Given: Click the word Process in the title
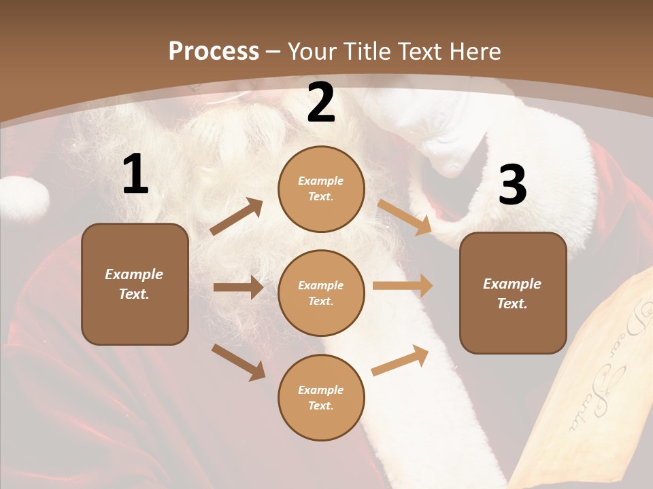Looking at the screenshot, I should tap(214, 52).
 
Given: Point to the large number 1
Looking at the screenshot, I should tap(135, 175).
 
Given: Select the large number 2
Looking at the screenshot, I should tap(321, 103).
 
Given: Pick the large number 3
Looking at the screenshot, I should tap(512, 185).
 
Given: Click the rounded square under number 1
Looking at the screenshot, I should tap(135, 284).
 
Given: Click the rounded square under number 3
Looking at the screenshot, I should tap(513, 293).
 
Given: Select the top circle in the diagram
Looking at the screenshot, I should tap(321, 189).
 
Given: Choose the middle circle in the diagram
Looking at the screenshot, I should tap(321, 293).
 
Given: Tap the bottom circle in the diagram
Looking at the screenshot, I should tap(321, 397).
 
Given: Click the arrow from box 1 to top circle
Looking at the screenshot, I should tap(237, 217).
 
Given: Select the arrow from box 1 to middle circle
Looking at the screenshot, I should tap(238, 287).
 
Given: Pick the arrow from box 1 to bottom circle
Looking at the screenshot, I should tap(239, 362).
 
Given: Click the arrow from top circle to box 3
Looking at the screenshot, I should tap(405, 217).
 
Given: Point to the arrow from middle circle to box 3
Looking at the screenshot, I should tap(403, 286).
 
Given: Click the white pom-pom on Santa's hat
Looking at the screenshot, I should tap(24, 198).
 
